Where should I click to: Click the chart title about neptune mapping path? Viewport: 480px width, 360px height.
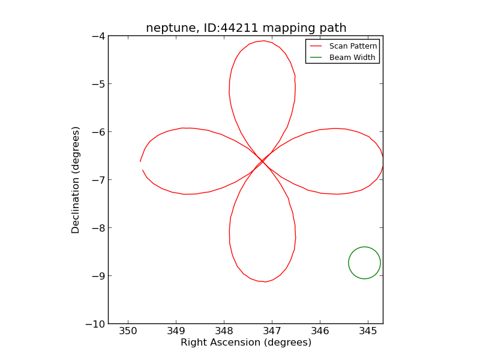click(246, 28)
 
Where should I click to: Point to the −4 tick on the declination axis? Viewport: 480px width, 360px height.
click(98, 36)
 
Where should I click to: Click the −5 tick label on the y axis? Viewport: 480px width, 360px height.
click(98, 84)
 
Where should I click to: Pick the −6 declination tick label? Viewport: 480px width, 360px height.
click(98, 132)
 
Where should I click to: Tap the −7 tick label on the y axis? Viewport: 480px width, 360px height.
click(98, 180)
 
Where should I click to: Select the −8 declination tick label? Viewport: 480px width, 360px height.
click(98, 228)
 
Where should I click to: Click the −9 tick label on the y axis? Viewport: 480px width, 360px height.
click(98, 276)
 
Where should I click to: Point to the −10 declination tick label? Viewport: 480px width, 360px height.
click(96, 324)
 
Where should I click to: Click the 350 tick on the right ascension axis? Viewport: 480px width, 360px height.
click(128, 331)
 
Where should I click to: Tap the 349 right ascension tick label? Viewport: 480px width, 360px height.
click(176, 331)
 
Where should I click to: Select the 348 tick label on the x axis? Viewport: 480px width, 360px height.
click(224, 331)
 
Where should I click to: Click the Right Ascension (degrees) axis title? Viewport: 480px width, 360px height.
click(246, 343)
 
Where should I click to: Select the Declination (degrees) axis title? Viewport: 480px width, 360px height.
click(76, 180)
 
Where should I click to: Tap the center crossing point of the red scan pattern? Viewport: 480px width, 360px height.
click(262, 161)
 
